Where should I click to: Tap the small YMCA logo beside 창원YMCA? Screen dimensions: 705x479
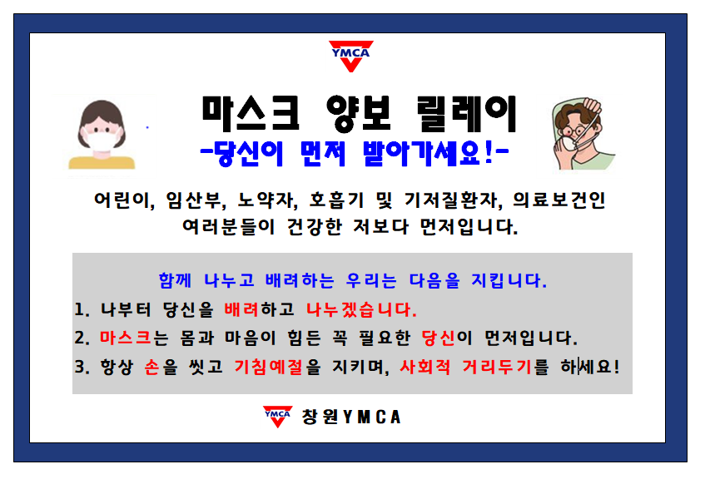[x=277, y=417]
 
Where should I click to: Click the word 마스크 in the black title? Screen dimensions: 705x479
[x=251, y=113]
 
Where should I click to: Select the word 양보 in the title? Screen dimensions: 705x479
[x=360, y=114]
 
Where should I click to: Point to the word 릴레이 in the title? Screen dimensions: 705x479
[x=467, y=114]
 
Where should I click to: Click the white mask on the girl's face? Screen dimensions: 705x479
[x=103, y=141]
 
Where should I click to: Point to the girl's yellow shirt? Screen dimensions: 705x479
[x=102, y=162]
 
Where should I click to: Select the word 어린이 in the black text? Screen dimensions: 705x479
[x=122, y=200]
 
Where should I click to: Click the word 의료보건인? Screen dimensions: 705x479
[x=559, y=200]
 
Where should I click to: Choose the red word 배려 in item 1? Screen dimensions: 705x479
[x=241, y=309]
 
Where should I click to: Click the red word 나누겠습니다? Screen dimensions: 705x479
[x=360, y=309]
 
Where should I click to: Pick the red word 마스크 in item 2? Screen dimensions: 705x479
[x=126, y=338]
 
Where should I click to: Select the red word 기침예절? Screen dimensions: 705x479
[x=268, y=367]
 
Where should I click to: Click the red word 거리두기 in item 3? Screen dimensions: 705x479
[x=497, y=367]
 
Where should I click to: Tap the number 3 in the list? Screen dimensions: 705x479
[x=80, y=367]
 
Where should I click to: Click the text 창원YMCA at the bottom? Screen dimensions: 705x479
[x=351, y=417]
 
